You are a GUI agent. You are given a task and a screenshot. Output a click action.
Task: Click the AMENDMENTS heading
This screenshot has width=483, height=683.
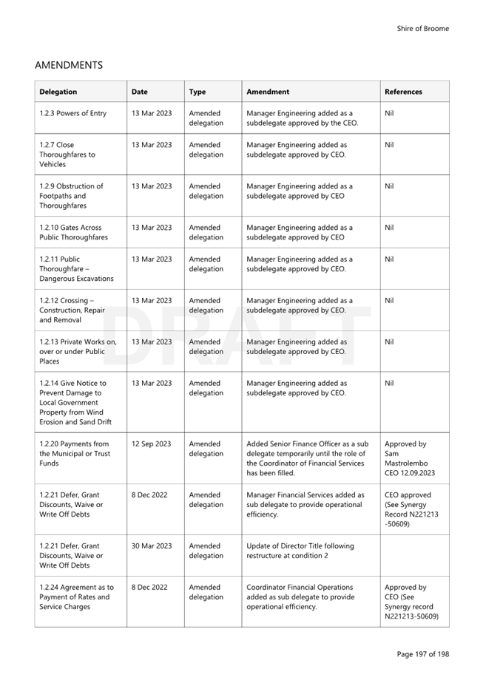click(68, 65)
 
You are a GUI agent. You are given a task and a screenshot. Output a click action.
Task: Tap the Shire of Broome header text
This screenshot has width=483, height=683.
click(422, 29)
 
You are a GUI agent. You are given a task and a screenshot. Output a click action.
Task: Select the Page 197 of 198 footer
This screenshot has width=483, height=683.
click(422, 654)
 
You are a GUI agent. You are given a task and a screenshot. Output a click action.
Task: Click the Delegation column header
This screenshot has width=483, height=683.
click(58, 92)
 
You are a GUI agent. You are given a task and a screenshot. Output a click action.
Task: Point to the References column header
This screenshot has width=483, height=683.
click(403, 92)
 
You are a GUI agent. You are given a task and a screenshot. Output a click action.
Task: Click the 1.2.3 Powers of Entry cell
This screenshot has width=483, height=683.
click(72, 113)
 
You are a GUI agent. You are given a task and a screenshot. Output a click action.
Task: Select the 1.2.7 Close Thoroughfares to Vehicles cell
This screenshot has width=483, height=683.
click(67, 154)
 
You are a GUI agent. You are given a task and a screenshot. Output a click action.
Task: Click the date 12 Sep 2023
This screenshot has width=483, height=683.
click(151, 444)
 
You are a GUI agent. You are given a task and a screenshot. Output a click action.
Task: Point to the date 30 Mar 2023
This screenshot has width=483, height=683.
click(152, 546)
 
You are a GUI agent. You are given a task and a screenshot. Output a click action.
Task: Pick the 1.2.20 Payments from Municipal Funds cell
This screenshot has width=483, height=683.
click(74, 454)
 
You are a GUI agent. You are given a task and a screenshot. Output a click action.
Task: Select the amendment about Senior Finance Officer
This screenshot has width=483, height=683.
click(307, 458)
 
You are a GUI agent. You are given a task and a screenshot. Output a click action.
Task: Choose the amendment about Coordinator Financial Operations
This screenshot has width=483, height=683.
click(300, 597)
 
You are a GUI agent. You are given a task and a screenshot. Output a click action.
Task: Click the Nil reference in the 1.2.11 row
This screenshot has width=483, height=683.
click(390, 259)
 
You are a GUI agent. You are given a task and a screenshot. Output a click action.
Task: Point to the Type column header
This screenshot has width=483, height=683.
click(197, 92)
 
